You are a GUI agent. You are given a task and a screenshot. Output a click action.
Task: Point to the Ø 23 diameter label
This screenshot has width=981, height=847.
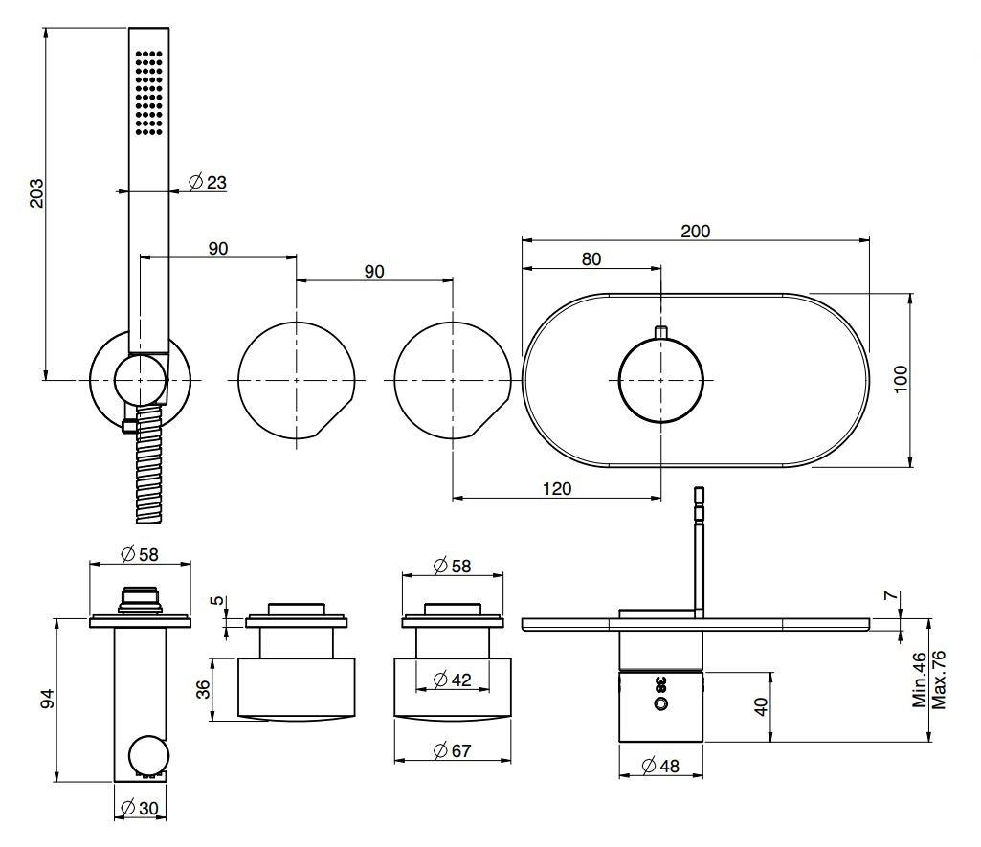pyautogui.click(x=208, y=182)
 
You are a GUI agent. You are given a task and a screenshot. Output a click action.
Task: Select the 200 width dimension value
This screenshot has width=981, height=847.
pyautogui.click(x=695, y=231)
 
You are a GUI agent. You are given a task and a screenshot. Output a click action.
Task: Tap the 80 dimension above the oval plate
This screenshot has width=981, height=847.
pyautogui.click(x=591, y=258)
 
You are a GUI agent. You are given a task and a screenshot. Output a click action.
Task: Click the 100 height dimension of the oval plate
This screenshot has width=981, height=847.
pyautogui.click(x=899, y=382)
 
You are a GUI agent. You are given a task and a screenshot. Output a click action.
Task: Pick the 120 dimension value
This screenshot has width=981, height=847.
pyautogui.click(x=556, y=488)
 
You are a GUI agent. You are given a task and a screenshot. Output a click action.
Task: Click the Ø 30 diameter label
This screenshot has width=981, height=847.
pyautogui.click(x=140, y=809)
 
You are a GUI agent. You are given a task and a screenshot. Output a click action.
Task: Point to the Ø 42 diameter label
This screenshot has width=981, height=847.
pyautogui.click(x=452, y=680)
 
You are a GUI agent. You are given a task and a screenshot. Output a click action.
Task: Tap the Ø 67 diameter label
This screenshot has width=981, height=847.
pyautogui.click(x=452, y=751)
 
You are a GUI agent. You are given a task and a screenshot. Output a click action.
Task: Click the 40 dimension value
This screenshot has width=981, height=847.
pyautogui.click(x=760, y=704)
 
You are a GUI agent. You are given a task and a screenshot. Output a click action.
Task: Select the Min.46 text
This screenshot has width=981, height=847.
pyautogui.click(x=920, y=679)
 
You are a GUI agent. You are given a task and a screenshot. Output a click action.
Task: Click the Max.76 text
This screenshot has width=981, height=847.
pyautogui.click(x=939, y=679)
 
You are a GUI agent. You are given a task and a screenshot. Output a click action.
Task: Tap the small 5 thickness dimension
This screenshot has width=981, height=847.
pyautogui.click(x=218, y=602)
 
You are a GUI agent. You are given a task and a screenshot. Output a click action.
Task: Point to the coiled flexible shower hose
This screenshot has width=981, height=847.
pyautogui.click(x=150, y=464)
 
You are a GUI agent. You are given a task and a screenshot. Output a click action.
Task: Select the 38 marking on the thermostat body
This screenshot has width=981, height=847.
pyautogui.click(x=659, y=683)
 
